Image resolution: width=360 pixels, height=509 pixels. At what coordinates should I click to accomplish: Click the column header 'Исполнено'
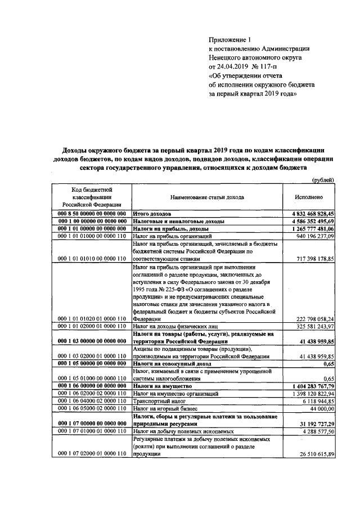(x=308, y=198)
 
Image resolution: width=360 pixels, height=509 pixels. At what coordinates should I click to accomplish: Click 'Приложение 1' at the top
(x=228, y=39)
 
